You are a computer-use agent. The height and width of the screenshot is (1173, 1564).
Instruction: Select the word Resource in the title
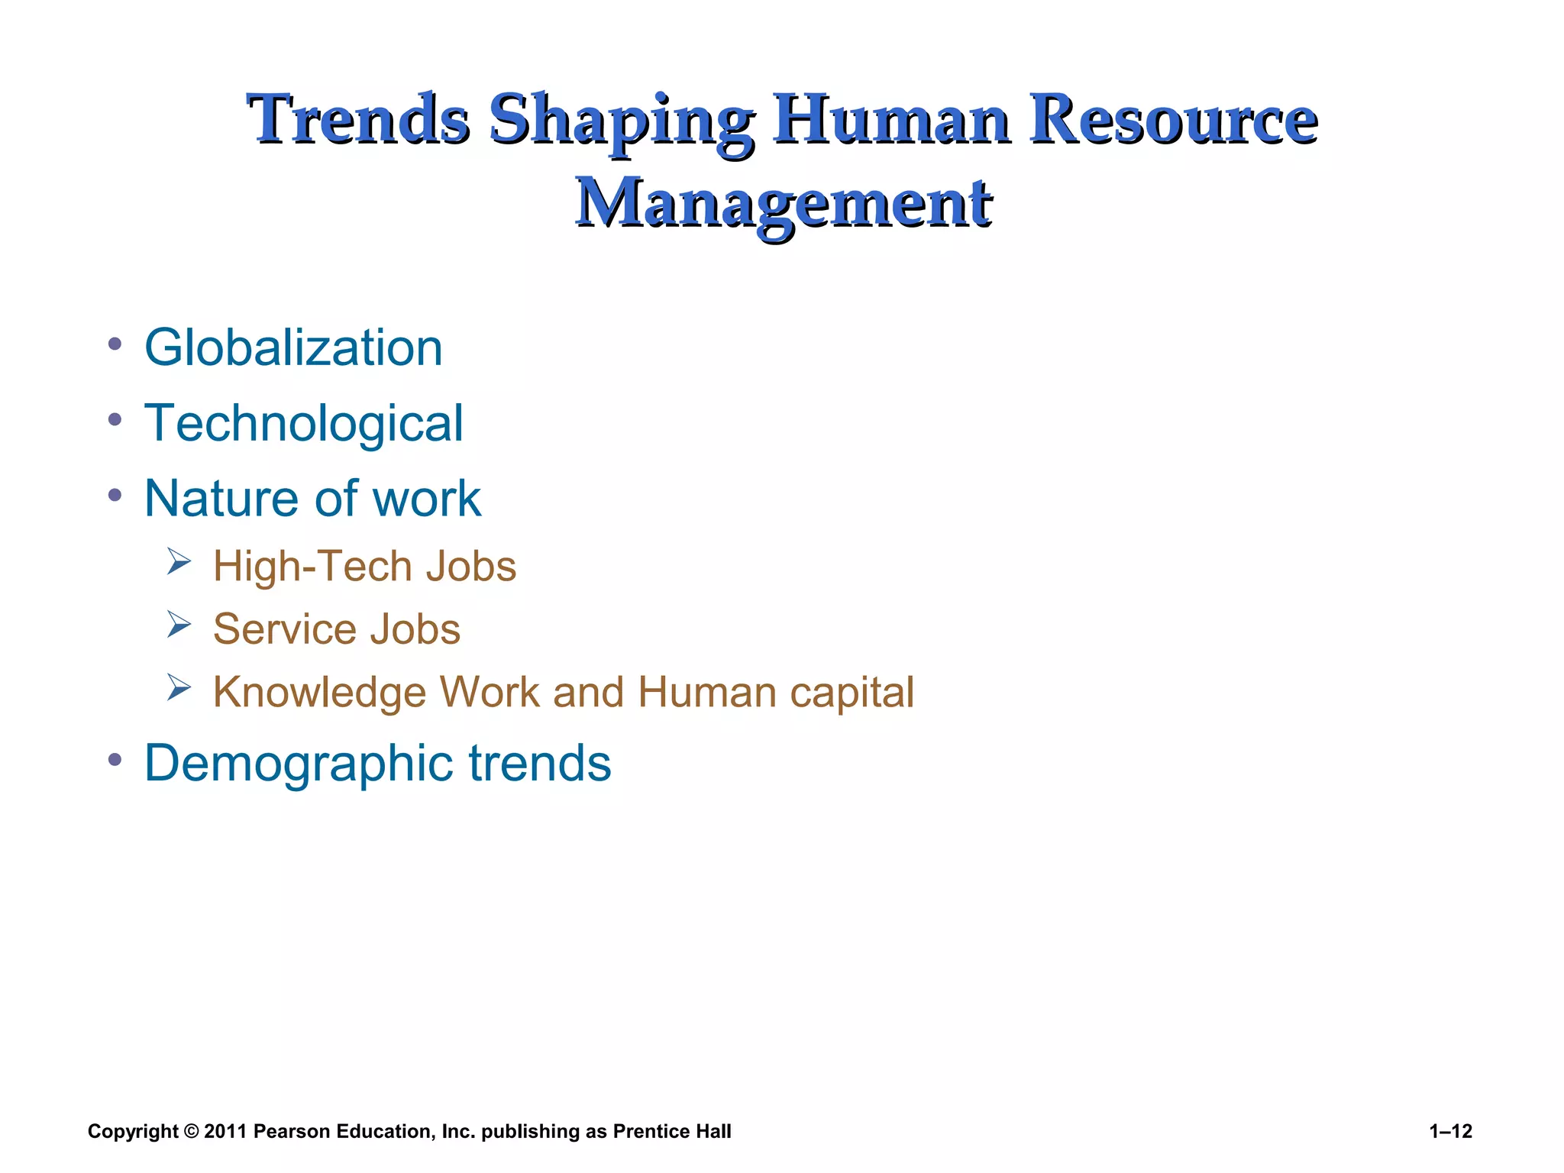(1172, 120)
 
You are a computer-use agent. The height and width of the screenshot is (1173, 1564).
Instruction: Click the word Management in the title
(784, 203)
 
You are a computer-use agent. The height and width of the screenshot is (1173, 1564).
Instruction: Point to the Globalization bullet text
(293, 348)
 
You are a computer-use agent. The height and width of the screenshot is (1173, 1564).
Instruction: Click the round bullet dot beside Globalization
(115, 344)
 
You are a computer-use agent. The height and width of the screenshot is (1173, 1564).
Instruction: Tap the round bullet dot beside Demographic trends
(115, 759)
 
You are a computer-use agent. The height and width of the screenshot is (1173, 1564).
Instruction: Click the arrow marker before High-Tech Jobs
(179, 563)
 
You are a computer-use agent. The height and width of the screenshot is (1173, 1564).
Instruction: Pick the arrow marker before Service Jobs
(179, 625)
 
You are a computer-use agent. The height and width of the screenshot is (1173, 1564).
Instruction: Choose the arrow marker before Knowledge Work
(179, 688)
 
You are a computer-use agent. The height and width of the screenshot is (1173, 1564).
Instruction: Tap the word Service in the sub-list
(284, 630)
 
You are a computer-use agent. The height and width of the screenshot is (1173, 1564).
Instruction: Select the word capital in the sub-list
(851, 693)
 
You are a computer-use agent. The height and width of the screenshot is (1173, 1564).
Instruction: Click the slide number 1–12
(1450, 1131)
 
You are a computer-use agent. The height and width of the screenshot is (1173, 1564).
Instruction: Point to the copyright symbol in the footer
(191, 1131)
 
